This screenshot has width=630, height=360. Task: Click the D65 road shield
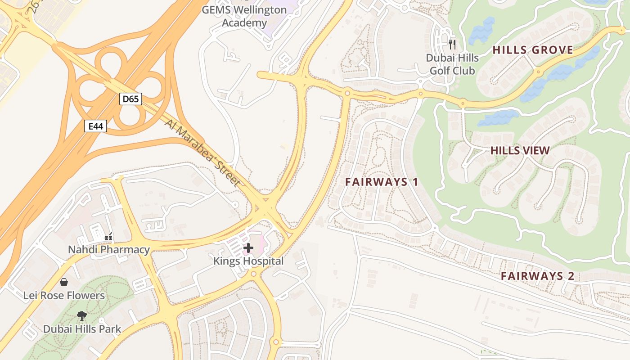(x=130, y=99)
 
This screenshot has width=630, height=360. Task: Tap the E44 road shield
(x=96, y=126)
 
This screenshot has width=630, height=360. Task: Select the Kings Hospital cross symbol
(x=248, y=247)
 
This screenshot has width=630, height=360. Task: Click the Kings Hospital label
(x=248, y=261)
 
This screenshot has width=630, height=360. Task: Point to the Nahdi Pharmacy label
(x=109, y=250)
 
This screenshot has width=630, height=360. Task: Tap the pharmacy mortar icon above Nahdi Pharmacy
(x=108, y=236)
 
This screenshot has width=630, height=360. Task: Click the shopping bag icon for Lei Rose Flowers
(x=64, y=282)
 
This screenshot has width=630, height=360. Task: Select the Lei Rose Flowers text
(x=64, y=296)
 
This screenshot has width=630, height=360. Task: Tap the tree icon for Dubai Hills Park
(x=82, y=315)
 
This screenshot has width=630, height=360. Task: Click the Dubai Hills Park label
(x=82, y=329)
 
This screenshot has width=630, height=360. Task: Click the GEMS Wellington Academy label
(x=244, y=16)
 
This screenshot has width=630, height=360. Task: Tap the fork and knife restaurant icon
(x=452, y=44)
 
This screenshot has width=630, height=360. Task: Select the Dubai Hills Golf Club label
(x=452, y=64)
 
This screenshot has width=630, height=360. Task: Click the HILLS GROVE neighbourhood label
(x=533, y=50)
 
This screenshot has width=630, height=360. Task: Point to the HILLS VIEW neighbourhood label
(x=520, y=151)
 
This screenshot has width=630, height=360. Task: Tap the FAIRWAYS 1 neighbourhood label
(x=382, y=182)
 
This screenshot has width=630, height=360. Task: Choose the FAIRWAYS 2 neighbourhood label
(x=538, y=276)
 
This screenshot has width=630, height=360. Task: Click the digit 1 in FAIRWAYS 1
(x=415, y=182)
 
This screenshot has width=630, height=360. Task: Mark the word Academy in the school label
(x=244, y=22)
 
